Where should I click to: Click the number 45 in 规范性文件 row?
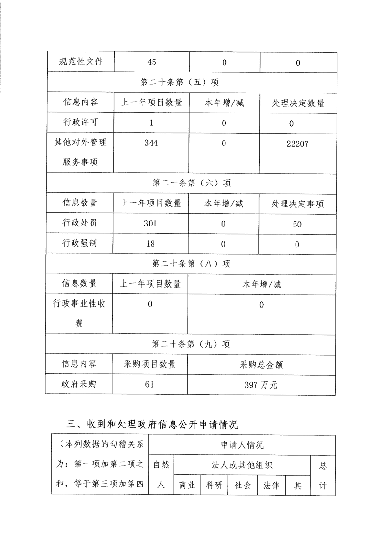click(x=152, y=62)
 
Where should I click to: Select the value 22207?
click(x=297, y=144)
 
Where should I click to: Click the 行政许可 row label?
click(x=80, y=123)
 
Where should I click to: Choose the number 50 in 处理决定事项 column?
click(x=297, y=224)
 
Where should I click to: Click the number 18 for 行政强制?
click(x=150, y=244)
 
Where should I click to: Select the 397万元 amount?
click(x=262, y=385)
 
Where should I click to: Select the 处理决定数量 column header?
click(x=298, y=103)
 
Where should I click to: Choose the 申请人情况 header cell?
click(x=242, y=445)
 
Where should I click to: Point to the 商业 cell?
click(x=188, y=485)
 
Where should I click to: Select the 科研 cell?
click(x=215, y=485)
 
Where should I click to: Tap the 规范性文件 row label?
click(x=80, y=62)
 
